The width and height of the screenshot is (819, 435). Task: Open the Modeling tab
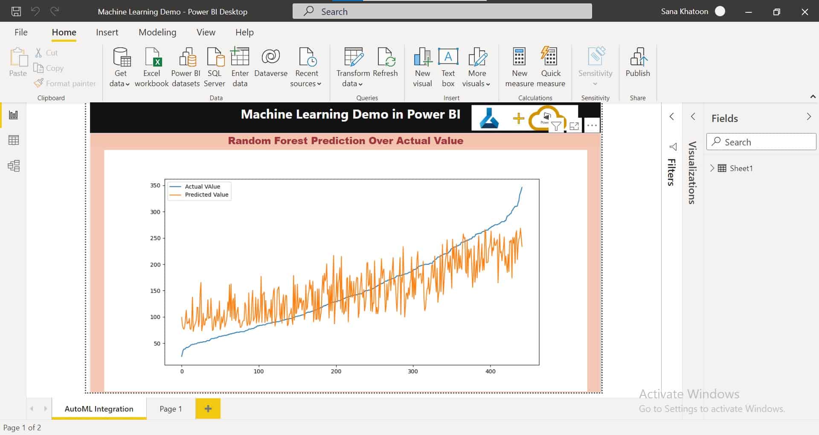pyautogui.click(x=157, y=32)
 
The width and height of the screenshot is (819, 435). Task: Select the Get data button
pyautogui.click(x=120, y=67)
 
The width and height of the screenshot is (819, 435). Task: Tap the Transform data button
pyautogui.click(x=353, y=67)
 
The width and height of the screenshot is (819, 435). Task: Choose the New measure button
pyautogui.click(x=519, y=67)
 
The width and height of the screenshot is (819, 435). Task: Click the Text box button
pyautogui.click(x=448, y=67)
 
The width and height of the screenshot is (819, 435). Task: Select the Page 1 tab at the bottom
pyautogui.click(x=171, y=409)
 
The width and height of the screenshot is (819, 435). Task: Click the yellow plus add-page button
pyautogui.click(x=208, y=409)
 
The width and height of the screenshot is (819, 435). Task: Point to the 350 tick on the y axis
pyautogui.click(x=155, y=186)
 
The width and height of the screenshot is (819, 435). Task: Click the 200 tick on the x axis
pyautogui.click(x=336, y=371)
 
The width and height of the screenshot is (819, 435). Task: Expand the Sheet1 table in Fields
pyautogui.click(x=712, y=168)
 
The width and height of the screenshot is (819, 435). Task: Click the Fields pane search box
pyautogui.click(x=761, y=142)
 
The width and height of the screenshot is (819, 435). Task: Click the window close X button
pyautogui.click(x=805, y=12)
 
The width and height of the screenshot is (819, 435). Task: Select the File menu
pyautogui.click(x=21, y=32)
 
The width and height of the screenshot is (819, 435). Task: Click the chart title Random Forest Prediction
pyautogui.click(x=346, y=141)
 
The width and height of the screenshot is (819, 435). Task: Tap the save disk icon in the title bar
pyautogui.click(x=16, y=12)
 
